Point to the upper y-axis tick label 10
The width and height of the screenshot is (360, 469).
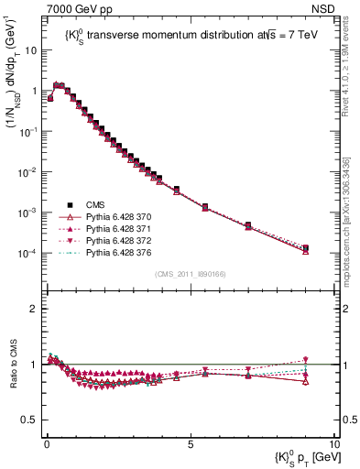tap(30, 50)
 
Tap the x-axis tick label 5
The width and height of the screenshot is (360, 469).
tap(190, 442)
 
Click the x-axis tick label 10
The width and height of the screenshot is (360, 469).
tap(333, 442)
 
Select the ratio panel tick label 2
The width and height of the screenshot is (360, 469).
tap(32, 309)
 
